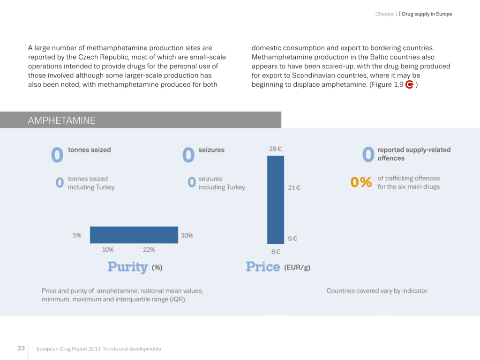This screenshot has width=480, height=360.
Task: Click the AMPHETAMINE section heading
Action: (x=61, y=120)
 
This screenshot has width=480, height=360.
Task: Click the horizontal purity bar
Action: (x=134, y=235)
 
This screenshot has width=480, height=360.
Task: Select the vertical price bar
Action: (x=276, y=200)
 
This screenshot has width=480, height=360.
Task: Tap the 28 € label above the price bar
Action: (x=275, y=149)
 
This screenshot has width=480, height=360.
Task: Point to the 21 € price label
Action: (x=294, y=188)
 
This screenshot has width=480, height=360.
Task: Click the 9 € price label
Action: (x=292, y=239)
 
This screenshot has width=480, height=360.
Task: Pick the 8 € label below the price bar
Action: (x=275, y=252)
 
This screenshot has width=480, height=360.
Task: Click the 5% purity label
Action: (x=77, y=235)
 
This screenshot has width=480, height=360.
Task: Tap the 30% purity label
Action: (x=187, y=235)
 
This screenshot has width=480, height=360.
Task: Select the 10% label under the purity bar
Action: (x=108, y=249)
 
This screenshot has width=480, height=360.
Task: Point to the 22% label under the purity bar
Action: (x=149, y=249)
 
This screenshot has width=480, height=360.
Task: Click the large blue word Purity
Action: (x=127, y=267)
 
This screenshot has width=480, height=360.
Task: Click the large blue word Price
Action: (x=263, y=267)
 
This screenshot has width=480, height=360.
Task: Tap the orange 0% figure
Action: (x=361, y=182)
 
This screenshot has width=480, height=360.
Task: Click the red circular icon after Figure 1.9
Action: (x=409, y=85)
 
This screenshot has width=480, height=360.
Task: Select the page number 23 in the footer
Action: (x=21, y=348)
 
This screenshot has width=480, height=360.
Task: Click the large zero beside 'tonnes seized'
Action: (x=57, y=155)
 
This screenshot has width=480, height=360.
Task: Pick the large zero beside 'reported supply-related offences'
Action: (x=368, y=154)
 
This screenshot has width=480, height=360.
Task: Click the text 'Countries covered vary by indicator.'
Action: (x=377, y=291)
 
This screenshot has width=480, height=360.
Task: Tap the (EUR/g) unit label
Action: (x=297, y=268)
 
